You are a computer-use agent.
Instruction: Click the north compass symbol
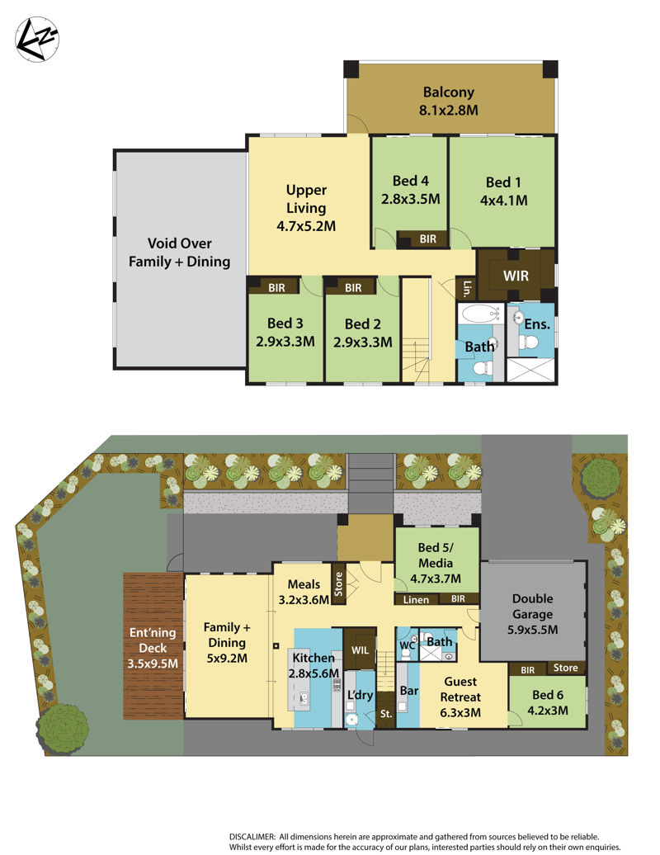point(36,40)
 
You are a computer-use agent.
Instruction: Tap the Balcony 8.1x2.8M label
point(449,101)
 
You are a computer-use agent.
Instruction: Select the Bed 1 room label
point(503,191)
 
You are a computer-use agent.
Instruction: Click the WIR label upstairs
point(516,276)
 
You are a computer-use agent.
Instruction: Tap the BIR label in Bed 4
point(428,239)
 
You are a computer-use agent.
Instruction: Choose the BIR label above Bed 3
point(276,287)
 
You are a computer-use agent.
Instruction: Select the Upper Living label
point(306,208)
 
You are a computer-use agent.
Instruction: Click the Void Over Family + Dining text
point(179,253)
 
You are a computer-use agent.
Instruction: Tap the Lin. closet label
point(466,288)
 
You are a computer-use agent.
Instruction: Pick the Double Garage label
point(532,614)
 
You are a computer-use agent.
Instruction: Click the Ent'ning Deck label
point(153,648)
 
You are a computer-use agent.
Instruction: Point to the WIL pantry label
point(360,650)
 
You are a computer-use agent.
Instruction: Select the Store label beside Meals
point(338,583)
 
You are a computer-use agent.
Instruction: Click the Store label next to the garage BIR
point(565,668)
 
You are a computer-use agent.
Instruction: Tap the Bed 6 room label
point(548,702)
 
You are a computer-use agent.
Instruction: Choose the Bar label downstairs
point(408,690)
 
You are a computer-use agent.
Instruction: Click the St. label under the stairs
point(386,713)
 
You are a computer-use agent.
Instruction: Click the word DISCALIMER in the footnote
point(252,837)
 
